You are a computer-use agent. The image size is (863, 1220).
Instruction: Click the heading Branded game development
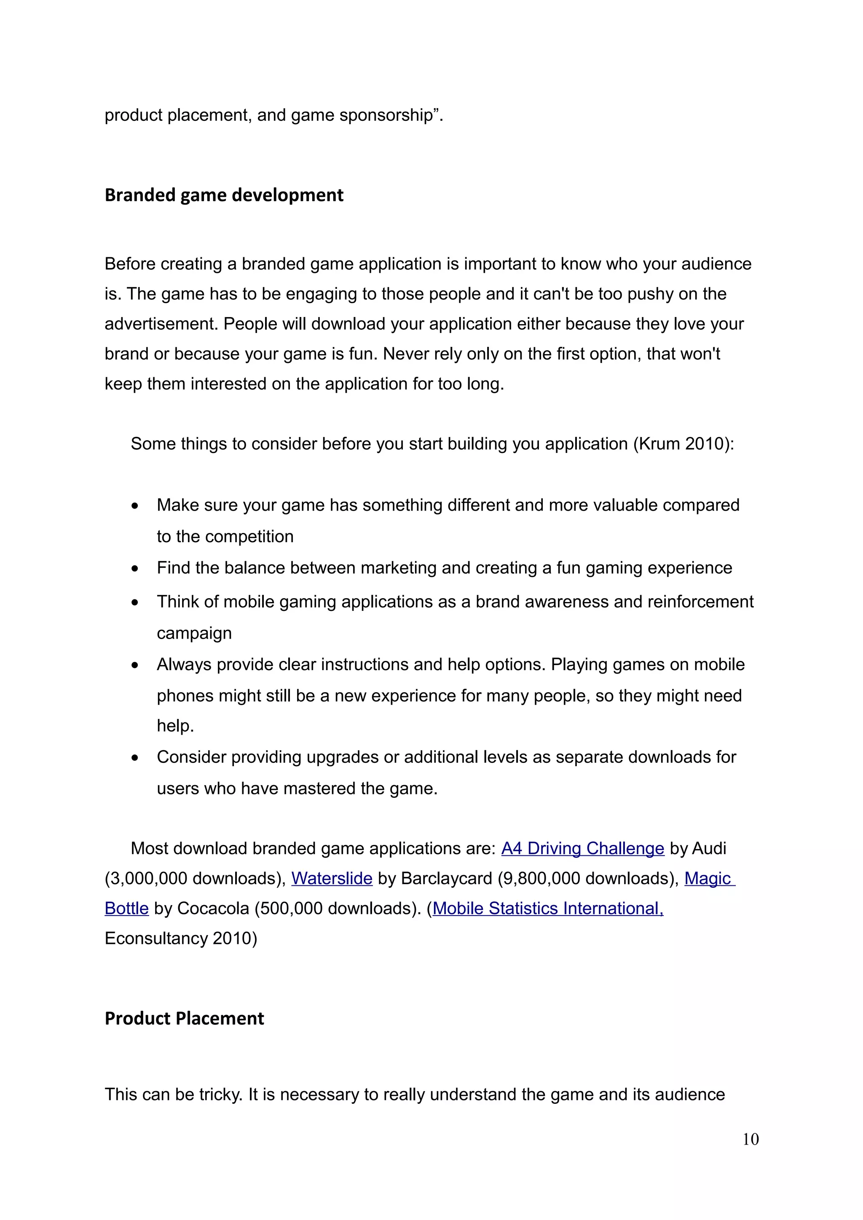click(x=223, y=195)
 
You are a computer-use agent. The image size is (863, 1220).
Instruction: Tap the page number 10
click(x=750, y=1139)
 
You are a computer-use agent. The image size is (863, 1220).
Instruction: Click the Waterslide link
click(x=331, y=878)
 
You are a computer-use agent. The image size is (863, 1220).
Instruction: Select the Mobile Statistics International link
click(x=548, y=908)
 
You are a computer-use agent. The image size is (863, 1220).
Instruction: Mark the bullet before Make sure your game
click(x=135, y=506)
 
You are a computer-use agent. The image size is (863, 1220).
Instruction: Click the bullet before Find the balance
click(x=135, y=569)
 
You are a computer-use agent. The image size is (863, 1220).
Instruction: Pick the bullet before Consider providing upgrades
click(x=135, y=758)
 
